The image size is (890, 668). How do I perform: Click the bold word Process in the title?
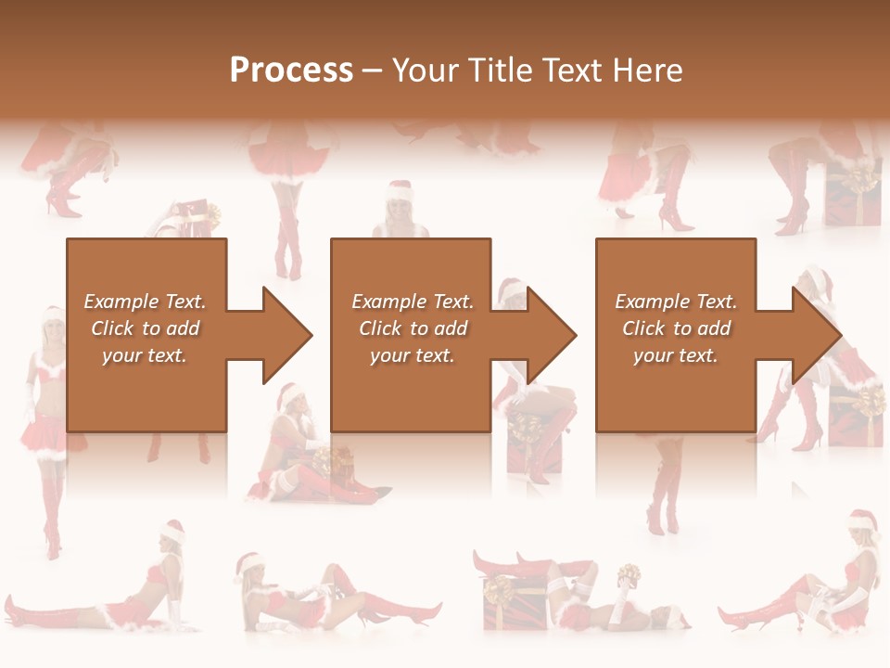[x=291, y=71]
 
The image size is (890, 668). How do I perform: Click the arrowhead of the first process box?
[x=287, y=335]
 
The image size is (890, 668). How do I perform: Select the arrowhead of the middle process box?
[x=552, y=335]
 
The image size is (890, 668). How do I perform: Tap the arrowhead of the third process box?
[x=817, y=335]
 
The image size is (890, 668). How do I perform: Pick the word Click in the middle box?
[x=379, y=328]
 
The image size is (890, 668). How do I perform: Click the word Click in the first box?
[x=111, y=328]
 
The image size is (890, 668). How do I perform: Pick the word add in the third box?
[x=714, y=328]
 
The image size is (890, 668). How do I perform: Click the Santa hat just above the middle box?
[x=399, y=190]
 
